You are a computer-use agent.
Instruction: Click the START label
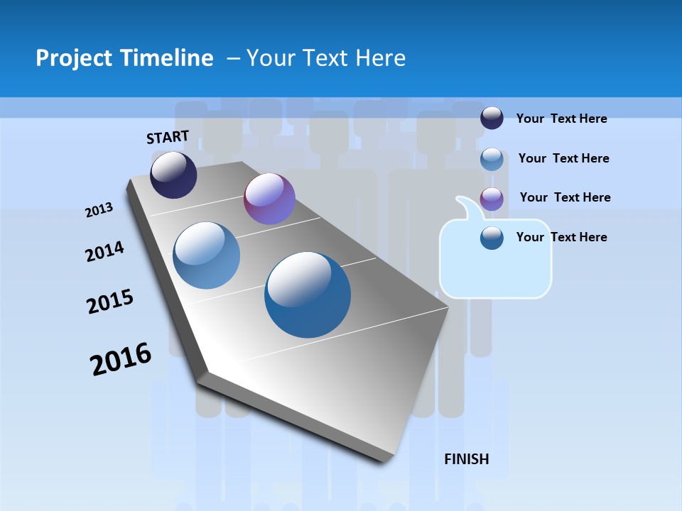(168, 136)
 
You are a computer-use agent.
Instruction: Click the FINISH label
(466, 459)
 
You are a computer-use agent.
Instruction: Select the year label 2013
(99, 210)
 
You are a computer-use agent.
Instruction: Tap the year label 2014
(104, 251)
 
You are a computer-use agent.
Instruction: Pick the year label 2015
(109, 302)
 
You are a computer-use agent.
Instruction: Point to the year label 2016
(121, 359)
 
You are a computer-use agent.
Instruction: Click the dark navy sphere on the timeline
(173, 175)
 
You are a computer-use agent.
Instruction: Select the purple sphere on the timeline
(269, 199)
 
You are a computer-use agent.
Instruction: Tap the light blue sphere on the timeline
(207, 255)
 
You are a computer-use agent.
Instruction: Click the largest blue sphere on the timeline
(308, 295)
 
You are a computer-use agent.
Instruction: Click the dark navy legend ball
(492, 118)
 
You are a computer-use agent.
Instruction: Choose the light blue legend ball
(492, 158)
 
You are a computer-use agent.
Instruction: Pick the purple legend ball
(492, 198)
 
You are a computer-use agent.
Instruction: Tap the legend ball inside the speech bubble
(492, 238)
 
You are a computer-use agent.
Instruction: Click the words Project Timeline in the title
(124, 58)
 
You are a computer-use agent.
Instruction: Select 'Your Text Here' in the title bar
(326, 58)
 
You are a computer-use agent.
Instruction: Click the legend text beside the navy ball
(561, 119)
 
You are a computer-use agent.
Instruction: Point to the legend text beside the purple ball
(565, 197)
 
